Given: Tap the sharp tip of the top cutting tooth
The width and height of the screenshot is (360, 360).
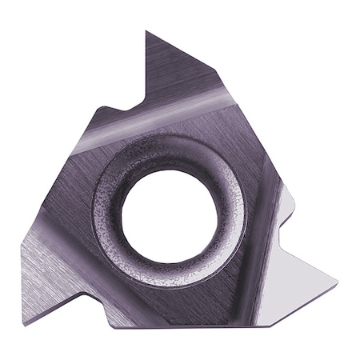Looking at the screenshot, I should click(146, 31).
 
